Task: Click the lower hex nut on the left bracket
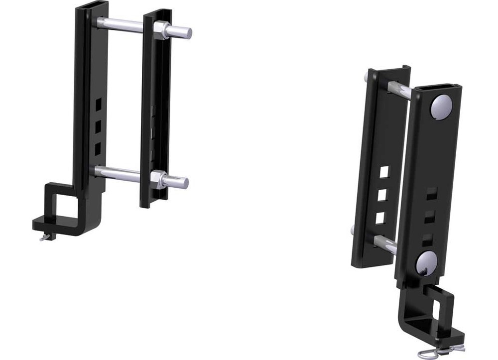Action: [x=158, y=179]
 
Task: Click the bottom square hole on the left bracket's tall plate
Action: [x=98, y=147]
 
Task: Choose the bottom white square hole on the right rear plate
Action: [x=381, y=217]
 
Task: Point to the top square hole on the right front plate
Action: [x=432, y=193]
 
